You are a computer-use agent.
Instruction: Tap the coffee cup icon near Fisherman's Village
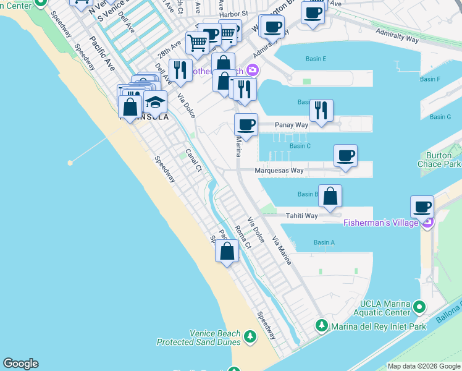422,207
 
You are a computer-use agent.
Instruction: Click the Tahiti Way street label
301,216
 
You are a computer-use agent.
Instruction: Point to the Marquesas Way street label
280,171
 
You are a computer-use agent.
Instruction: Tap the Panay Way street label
291,125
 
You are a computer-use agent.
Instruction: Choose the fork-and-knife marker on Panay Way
321,110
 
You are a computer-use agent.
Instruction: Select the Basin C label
300,146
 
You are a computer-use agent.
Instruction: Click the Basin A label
324,243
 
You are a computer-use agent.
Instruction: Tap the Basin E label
316,59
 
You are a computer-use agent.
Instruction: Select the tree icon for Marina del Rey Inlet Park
321,325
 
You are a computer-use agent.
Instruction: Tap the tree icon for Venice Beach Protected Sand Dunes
250,336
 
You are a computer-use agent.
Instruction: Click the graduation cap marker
155,102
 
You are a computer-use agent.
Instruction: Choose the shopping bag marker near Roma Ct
227,251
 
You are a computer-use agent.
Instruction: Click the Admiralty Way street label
401,38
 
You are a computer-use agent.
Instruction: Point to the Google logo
20,364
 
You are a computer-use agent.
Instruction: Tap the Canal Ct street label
194,160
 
